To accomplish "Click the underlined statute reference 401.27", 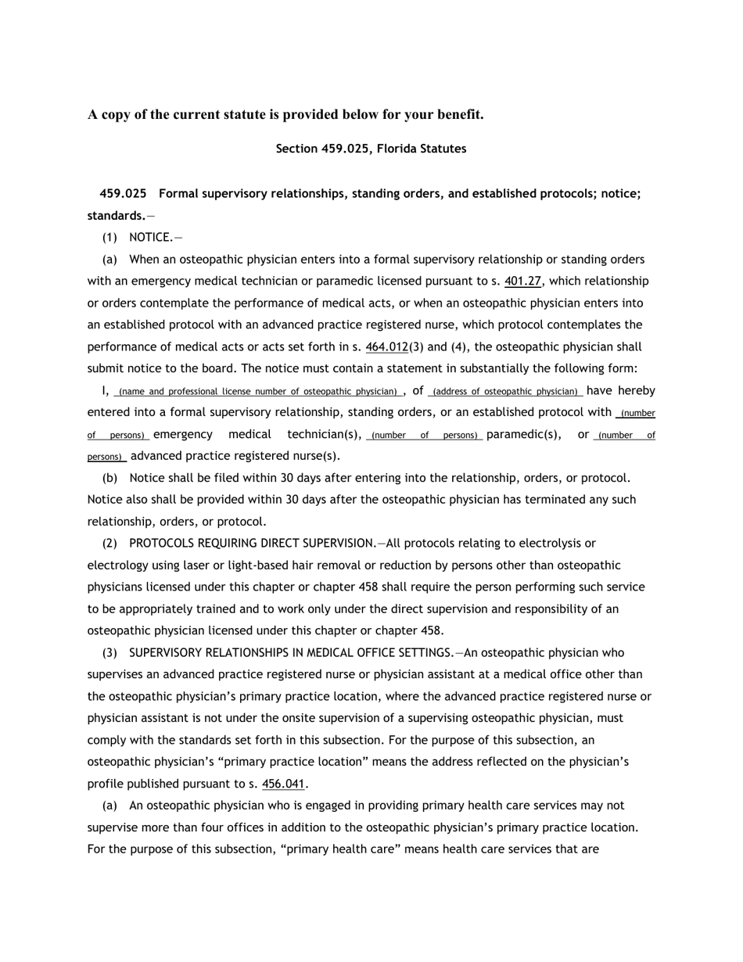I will [522, 281].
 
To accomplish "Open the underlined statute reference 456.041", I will [283, 784].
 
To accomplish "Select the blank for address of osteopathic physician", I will [505, 391].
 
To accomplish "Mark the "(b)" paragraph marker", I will [113, 478].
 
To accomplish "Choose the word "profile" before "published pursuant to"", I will [106, 784].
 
